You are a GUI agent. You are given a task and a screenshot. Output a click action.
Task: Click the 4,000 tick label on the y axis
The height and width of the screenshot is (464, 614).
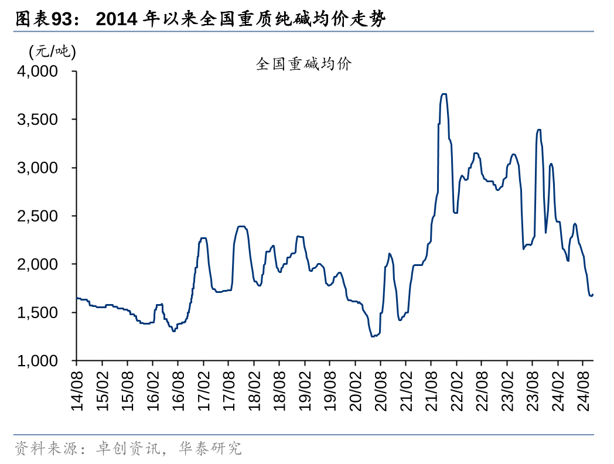[x=38, y=71]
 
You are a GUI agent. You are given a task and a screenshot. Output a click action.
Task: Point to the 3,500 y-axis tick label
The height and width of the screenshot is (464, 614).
[x=38, y=120]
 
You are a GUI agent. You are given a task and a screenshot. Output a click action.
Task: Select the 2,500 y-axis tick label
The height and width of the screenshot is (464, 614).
[x=38, y=216]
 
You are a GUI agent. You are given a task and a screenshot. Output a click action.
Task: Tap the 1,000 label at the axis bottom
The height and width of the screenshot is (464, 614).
[x=38, y=361]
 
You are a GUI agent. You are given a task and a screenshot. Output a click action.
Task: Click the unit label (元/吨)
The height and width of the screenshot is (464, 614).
[x=52, y=52]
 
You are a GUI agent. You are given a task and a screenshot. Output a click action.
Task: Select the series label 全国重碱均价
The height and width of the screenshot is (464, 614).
[x=303, y=64]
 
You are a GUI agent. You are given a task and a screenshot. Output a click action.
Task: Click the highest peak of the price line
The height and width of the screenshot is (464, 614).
[x=444, y=94]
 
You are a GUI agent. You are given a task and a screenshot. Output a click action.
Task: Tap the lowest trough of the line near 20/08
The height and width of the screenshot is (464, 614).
[x=373, y=336]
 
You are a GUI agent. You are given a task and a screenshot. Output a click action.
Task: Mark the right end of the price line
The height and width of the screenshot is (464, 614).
[x=593, y=295]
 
